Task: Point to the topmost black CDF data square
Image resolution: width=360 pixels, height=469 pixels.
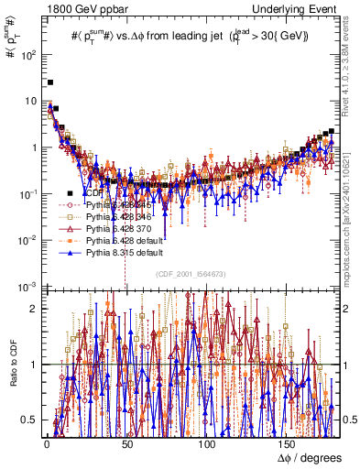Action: [x=50, y=82]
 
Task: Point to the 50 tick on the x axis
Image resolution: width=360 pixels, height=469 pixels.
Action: [x=126, y=443]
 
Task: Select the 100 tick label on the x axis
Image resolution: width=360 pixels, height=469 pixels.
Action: [x=208, y=443]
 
